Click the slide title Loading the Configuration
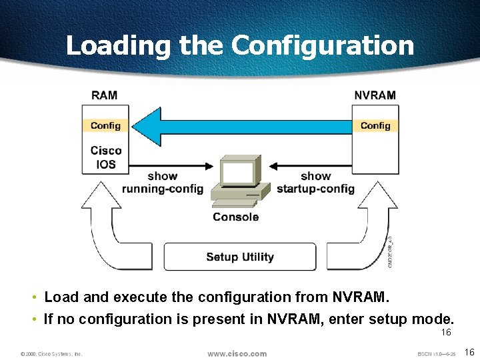239,45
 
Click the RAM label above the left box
104,95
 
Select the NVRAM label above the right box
375,95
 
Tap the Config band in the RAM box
105,125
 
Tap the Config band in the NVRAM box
375,125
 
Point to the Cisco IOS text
106,157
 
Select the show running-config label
162,183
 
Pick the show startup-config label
315,183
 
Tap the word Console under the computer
235,217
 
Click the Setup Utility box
239,257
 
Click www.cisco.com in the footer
237,353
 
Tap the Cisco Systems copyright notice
51,354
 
